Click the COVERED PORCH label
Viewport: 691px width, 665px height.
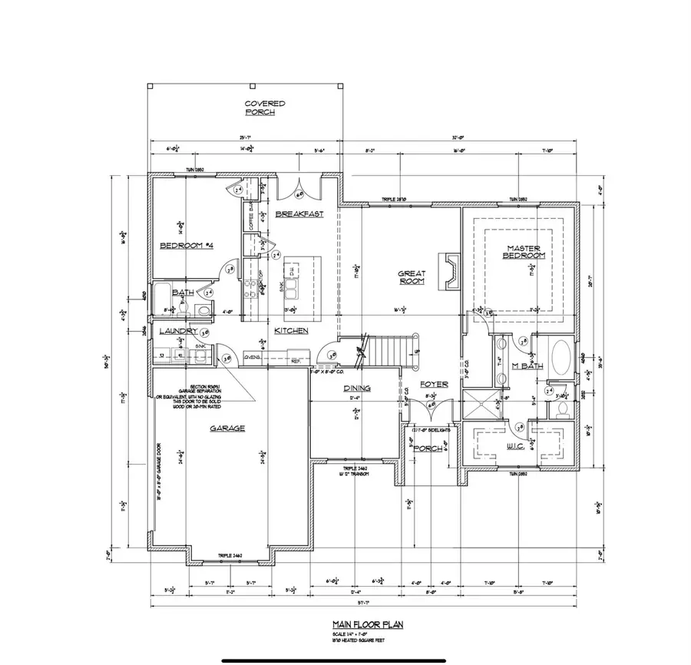coord(264,108)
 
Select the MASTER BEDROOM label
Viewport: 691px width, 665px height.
coord(524,251)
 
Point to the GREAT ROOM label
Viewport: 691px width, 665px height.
coord(412,277)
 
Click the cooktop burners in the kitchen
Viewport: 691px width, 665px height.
coord(251,289)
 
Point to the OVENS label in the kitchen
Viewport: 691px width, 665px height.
coord(250,356)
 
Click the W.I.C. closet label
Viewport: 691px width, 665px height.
coord(515,446)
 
